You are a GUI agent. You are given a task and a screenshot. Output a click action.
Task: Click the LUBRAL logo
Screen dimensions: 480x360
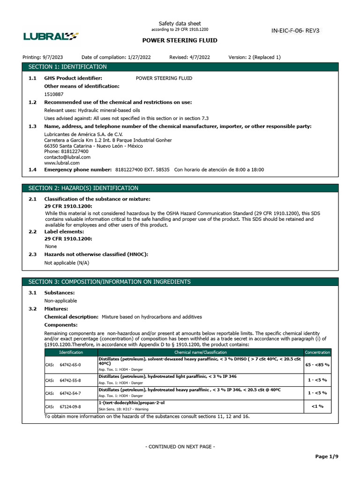click(x=51, y=36)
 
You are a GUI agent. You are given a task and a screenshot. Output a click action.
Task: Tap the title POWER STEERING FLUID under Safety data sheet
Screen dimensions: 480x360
click(x=180, y=40)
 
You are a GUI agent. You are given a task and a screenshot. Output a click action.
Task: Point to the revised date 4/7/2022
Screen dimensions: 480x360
click(x=199, y=57)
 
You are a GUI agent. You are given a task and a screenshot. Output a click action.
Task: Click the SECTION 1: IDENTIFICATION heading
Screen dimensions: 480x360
click(x=67, y=67)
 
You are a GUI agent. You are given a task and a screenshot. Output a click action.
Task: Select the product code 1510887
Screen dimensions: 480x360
click(x=54, y=94)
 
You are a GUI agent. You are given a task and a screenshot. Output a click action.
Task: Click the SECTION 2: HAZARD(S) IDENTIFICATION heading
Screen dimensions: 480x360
click(x=83, y=188)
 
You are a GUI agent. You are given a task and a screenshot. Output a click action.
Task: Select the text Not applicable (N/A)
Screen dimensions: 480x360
click(x=67, y=262)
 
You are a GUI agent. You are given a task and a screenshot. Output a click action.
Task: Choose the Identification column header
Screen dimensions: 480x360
click(x=71, y=352)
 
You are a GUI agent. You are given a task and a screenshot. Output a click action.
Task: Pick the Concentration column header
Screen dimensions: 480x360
click(x=317, y=352)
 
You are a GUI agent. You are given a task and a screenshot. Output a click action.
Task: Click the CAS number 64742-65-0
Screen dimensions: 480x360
click(x=70, y=364)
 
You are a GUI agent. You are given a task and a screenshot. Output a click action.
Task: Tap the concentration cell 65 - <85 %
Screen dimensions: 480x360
click(x=317, y=364)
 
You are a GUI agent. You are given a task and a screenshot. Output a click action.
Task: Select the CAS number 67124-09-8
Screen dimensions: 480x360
click(x=70, y=406)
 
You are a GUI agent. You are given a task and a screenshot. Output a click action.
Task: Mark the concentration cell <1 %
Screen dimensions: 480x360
click(x=317, y=406)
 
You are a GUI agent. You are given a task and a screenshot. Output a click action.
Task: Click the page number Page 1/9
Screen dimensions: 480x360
click(x=327, y=457)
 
